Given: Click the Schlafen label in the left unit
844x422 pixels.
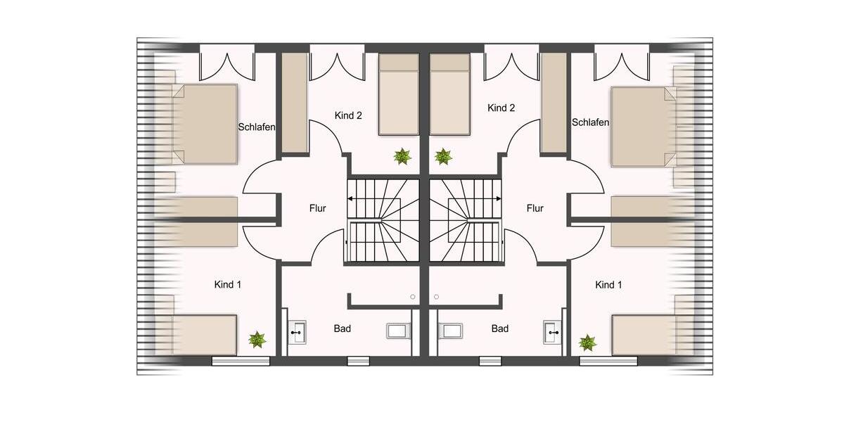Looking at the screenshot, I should pyautogui.click(x=257, y=127).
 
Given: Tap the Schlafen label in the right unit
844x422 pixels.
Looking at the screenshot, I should pyautogui.click(x=590, y=122).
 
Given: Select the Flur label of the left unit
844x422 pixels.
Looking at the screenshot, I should pyautogui.click(x=318, y=208).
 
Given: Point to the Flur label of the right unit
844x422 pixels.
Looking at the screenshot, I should pyautogui.click(x=535, y=208).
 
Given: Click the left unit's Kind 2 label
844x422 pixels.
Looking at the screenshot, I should pyautogui.click(x=348, y=115).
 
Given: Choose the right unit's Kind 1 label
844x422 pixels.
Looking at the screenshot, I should pyautogui.click(x=608, y=285).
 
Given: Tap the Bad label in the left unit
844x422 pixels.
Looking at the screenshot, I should pyautogui.click(x=343, y=328).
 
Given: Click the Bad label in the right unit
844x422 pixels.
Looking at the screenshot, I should pyautogui.click(x=500, y=328).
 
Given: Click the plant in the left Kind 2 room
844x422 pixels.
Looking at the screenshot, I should pyautogui.click(x=402, y=156).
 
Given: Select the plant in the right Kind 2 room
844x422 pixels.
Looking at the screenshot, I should pyautogui.click(x=443, y=156).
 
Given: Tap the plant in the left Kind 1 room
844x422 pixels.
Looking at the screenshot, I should pyautogui.click(x=257, y=340).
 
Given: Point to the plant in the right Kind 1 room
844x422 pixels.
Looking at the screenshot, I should pyautogui.click(x=587, y=343).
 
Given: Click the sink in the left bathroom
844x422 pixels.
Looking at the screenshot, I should pyautogui.click(x=297, y=331).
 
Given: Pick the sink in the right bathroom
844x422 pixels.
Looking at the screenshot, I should pyautogui.click(x=553, y=331).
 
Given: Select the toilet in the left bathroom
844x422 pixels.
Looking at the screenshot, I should pyautogui.click(x=397, y=331).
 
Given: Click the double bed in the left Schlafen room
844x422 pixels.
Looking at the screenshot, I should pyautogui.click(x=204, y=124).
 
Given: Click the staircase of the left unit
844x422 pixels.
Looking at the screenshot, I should pyautogui.click(x=383, y=219).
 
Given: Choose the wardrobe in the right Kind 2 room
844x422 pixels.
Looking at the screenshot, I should pyautogui.click(x=554, y=103).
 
